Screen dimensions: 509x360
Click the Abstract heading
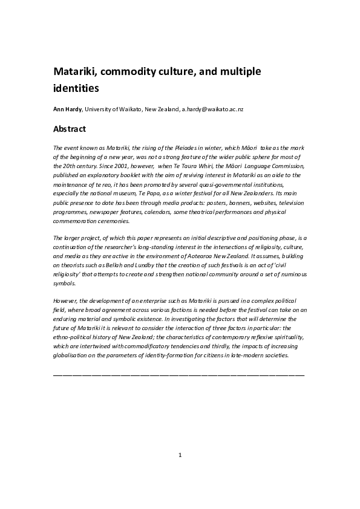click(70, 129)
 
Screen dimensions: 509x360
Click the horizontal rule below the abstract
click(179, 375)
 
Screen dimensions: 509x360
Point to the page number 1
click(180, 455)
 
